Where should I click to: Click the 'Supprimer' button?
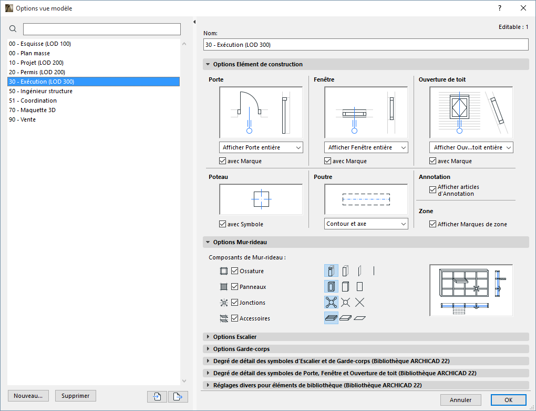[76, 396]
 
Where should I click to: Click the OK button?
[508, 400]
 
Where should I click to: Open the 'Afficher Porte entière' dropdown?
[261, 147]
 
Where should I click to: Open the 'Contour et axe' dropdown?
[366, 224]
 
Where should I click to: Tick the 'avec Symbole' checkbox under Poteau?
[223, 224]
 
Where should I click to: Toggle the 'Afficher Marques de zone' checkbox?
[433, 224]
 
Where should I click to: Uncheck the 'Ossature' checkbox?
[235, 271]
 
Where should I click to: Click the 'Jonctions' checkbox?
[235, 303]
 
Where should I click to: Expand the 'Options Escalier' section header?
[235, 337]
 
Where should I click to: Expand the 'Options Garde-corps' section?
[241, 349]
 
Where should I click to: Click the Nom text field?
[366, 45]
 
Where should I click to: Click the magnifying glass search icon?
[13, 29]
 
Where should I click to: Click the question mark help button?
[500, 8]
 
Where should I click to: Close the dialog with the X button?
[523, 8]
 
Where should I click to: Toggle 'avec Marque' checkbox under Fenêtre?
[328, 161]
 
